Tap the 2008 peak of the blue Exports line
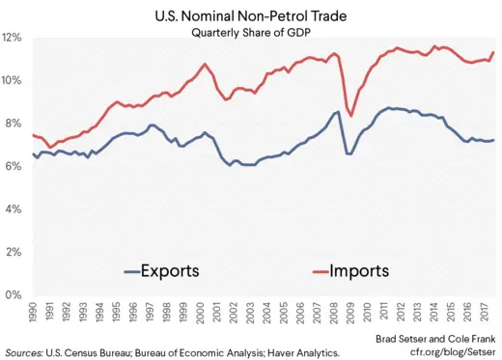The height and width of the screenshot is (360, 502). [x=336, y=112]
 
